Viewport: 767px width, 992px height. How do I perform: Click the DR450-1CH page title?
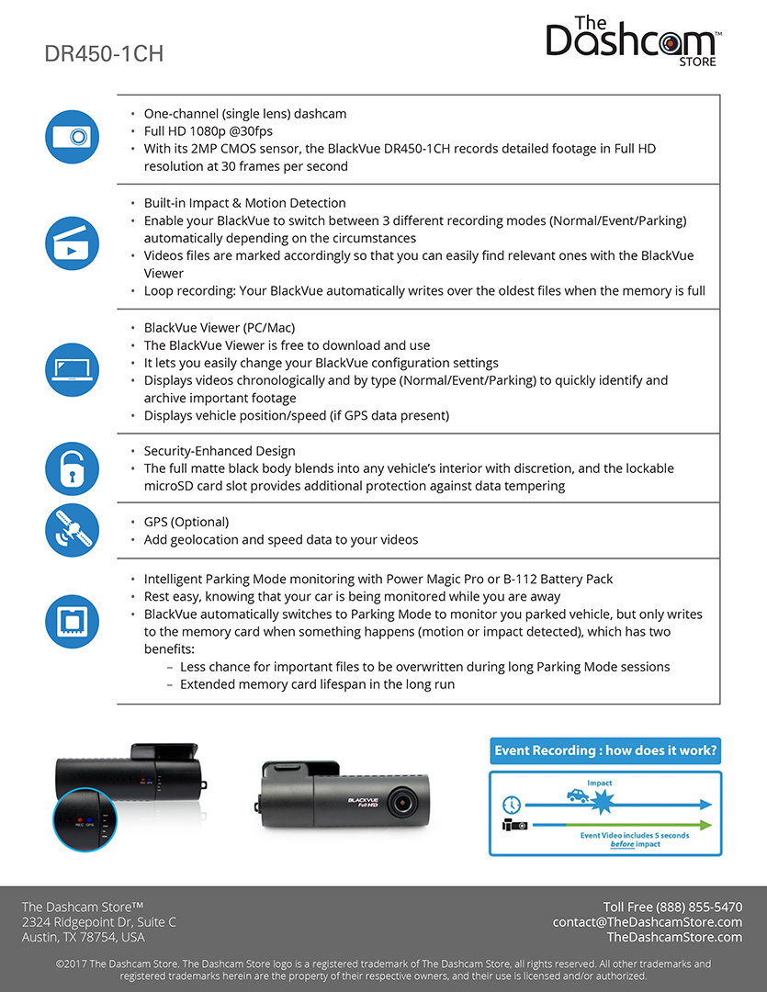[x=104, y=54]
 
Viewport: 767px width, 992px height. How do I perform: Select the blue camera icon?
[x=72, y=137]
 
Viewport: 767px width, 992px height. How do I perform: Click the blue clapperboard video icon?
[x=72, y=243]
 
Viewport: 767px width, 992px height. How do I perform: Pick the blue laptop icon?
[x=72, y=369]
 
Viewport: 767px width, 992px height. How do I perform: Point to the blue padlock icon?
[x=72, y=468]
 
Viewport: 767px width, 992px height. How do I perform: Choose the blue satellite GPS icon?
[x=72, y=531]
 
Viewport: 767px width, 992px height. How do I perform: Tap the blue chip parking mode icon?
[x=72, y=621]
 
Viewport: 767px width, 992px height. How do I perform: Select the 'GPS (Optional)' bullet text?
[x=186, y=522]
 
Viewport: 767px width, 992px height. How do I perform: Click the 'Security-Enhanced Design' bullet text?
[x=220, y=451]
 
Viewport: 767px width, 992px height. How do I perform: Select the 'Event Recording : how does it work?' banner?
[x=605, y=750]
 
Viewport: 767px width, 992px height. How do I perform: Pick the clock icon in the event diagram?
[x=511, y=805]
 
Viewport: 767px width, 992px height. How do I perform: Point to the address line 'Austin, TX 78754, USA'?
[x=84, y=937]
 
